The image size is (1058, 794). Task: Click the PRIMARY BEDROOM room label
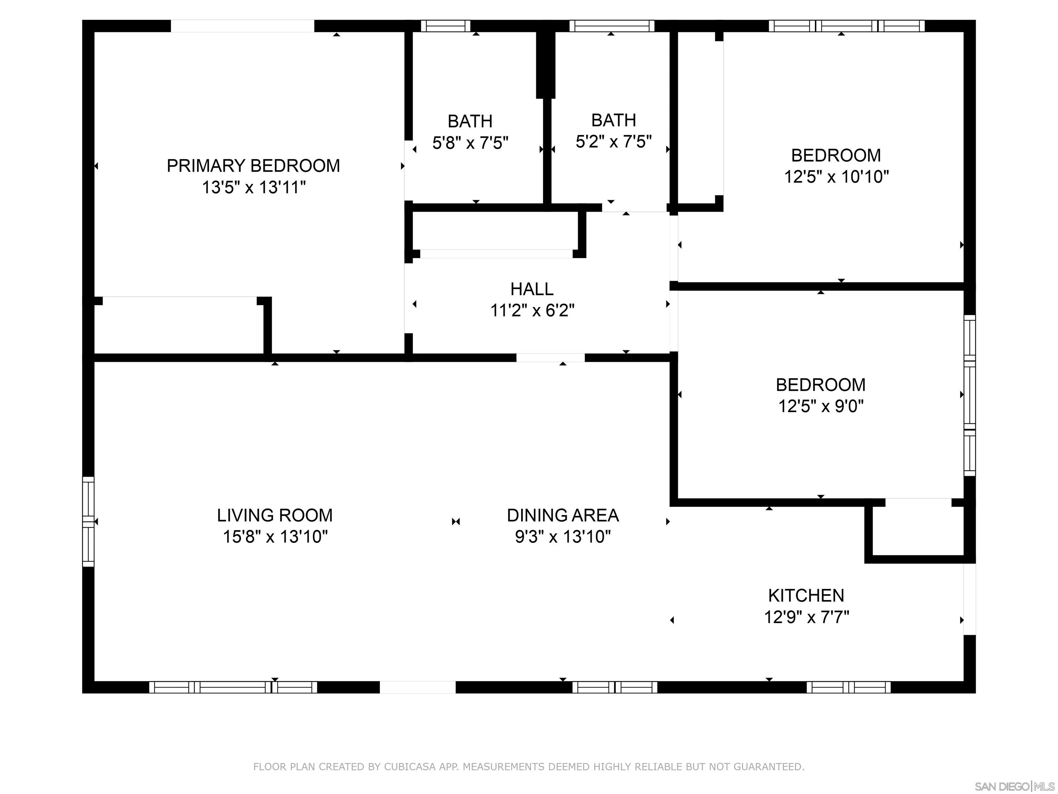tap(253, 166)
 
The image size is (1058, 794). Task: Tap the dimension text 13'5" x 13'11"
tap(253, 187)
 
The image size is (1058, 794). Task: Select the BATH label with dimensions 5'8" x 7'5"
tap(470, 122)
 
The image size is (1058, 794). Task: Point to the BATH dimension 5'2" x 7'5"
tap(614, 142)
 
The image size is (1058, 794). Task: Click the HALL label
tap(532, 289)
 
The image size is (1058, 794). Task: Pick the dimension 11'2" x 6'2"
tap(532, 311)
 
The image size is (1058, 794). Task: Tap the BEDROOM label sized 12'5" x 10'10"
tap(836, 155)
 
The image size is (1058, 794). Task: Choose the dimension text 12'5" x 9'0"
tap(821, 406)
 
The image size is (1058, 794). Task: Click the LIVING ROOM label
tap(274, 516)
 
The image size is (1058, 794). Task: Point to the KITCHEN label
tap(806, 595)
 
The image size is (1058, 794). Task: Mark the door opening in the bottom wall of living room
tap(417, 687)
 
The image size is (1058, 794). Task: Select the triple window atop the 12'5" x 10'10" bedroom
tap(846, 26)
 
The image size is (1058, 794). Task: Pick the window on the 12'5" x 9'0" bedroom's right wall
tap(969, 395)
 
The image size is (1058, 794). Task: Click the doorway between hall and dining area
tap(550, 357)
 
